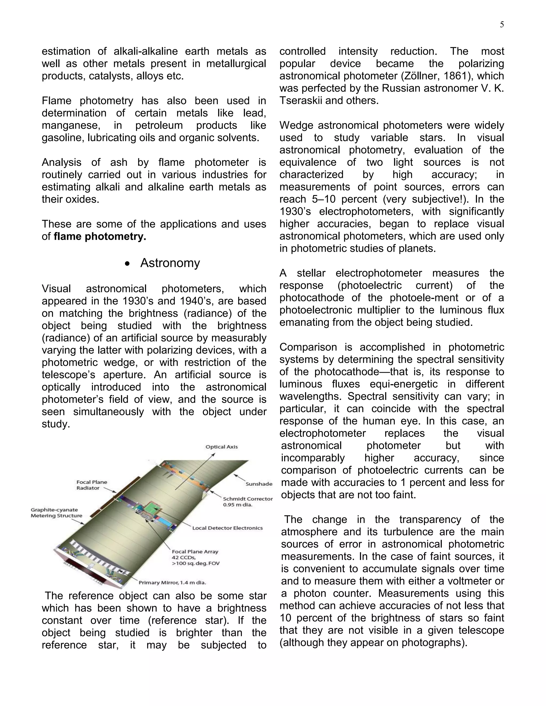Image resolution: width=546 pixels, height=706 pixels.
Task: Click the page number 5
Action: (502, 25)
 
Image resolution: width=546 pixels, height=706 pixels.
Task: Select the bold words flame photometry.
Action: (100, 236)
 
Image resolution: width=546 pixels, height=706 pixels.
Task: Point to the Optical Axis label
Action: (222, 447)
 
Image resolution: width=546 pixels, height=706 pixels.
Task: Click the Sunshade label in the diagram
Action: (259, 484)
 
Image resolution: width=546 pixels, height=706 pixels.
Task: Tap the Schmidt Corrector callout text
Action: (247, 502)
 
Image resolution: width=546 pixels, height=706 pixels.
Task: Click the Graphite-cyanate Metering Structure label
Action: (56, 513)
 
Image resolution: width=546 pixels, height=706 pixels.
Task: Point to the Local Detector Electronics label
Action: (227, 528)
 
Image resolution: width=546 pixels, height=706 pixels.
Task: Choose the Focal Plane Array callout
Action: (195, 557)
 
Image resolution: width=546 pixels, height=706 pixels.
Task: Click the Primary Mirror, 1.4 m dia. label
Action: (172, 582)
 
